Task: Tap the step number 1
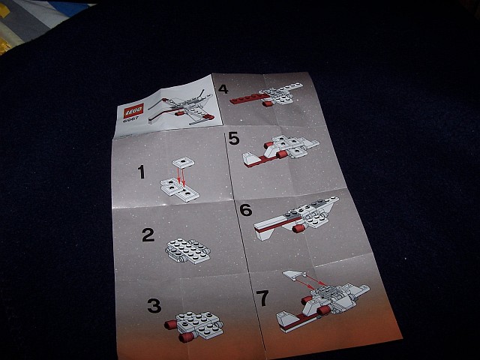[x=141, y=173]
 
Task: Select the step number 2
[x=148, y=235]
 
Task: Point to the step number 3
[x=154, y=305]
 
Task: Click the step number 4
[x=223, y=89]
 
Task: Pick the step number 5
[x=233, y=139]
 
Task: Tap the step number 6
[x=245, y=209]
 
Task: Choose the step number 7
[x=262, y=298]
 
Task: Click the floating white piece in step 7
[x=295, y=277]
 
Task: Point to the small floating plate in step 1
[x=183, y=160]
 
